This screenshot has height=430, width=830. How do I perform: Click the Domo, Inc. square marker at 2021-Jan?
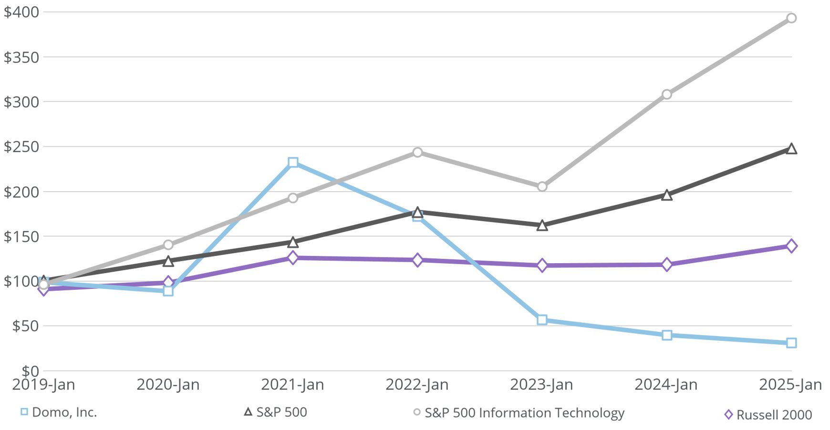pos(293,163)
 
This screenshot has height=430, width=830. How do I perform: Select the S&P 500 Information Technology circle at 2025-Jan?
pos(791,18)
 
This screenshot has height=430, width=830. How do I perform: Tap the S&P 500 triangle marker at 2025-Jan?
pos(791,149)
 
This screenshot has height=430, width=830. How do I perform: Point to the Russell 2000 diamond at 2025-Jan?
pos(791,246)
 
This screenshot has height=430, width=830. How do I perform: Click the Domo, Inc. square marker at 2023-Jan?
pos(542,320)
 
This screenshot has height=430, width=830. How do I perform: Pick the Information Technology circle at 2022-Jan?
pos(417,152)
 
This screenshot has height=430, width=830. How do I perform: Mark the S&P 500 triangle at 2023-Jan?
pos(542,225)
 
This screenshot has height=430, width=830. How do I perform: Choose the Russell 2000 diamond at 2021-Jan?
pos(293,258)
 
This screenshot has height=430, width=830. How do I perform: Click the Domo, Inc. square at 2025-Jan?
pos(791,343)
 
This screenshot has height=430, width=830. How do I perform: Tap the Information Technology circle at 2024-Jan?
pos(666,94)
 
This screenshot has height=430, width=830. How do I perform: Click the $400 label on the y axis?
pos(21,12)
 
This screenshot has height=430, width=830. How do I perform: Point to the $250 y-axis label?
pos(21,147)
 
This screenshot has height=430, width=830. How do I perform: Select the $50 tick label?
pos(25,326)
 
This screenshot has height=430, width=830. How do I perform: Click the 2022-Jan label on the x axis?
pos(417,385)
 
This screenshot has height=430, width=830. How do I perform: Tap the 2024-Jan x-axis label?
pos(666,385)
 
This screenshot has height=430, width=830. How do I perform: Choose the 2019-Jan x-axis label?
pos(43,385)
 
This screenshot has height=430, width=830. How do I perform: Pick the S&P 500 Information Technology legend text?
pos(524,413)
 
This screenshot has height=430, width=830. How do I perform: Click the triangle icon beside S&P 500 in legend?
pos(248,411)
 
